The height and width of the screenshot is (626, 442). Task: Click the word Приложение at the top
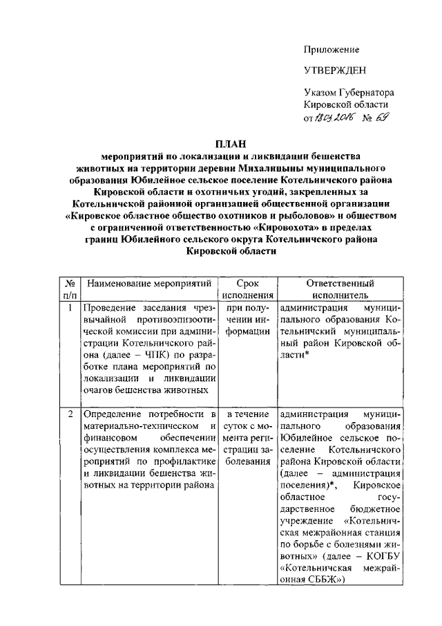332,50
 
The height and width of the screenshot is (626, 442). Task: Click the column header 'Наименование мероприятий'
148,284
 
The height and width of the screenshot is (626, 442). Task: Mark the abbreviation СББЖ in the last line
318,580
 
